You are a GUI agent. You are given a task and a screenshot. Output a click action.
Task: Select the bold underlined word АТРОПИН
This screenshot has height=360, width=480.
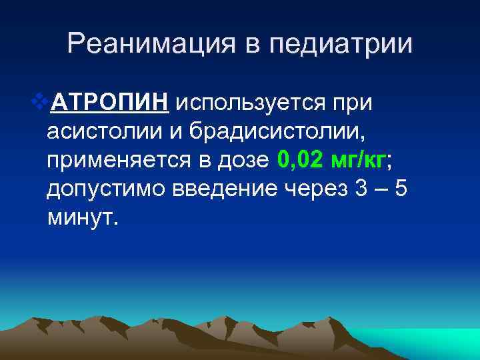pos(111,104)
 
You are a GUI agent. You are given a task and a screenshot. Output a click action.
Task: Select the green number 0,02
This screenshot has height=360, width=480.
pos(299,161)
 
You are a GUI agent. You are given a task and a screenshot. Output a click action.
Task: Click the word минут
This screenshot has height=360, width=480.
pos(81,218)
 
